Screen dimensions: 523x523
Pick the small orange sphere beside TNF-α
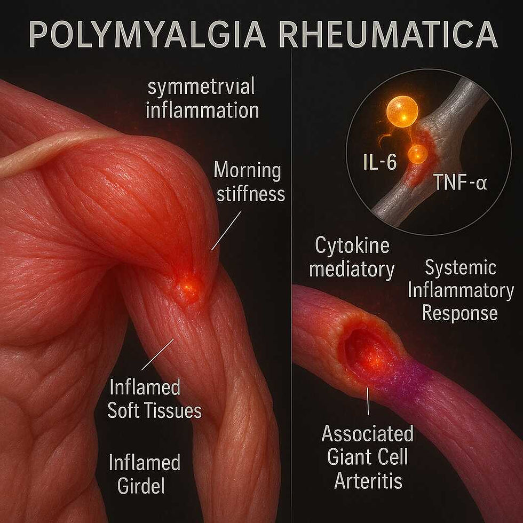(417, 155)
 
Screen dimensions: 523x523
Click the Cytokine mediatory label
(352, 258)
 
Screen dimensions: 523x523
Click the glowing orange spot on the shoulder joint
(187, 286)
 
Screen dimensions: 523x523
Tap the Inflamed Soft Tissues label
(154, 398)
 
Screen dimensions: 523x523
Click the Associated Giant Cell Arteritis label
(367, 457)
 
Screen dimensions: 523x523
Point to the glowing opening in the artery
(368, 353)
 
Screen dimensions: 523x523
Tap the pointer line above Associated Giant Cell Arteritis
(368, 403)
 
